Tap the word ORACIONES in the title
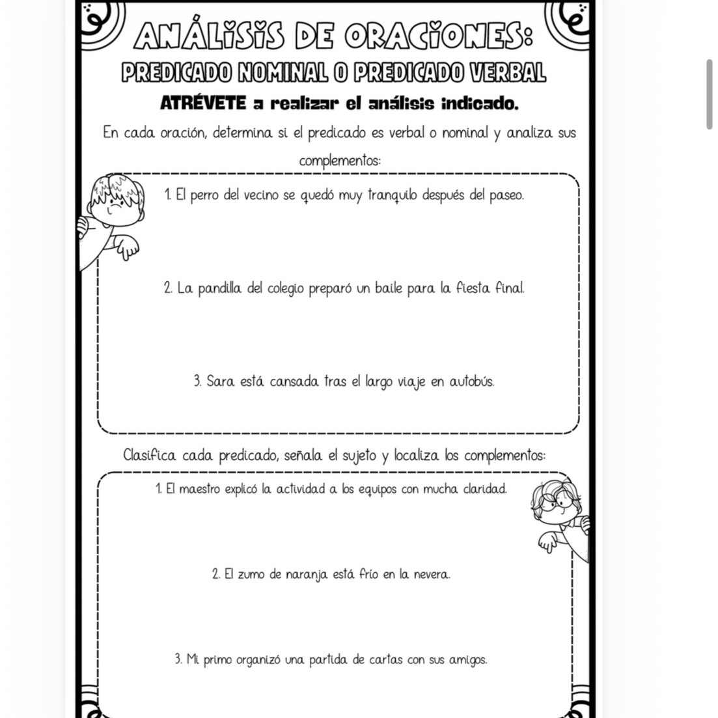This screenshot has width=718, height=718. coord(442,36)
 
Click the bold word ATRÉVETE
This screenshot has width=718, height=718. coord(203,104)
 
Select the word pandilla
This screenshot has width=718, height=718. coord(218,287)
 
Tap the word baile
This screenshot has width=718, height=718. coord(389,287)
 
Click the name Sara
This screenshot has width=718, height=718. coord(220,381)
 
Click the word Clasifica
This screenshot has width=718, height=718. coord(150,455)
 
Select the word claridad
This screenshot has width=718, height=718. coord(484,488)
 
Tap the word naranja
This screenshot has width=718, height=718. coord(307,575)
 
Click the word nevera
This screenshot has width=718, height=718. coord(432,574)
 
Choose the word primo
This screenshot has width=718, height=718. coord(217,660)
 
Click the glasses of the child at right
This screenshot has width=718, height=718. coord(555,504)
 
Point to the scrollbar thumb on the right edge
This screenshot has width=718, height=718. coord(709,94)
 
